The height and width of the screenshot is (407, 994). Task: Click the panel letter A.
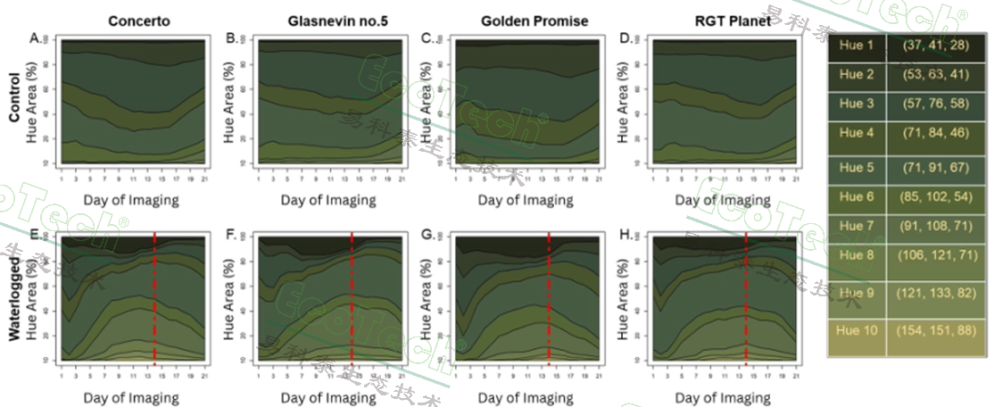pyautogui.click(x=36, y=38)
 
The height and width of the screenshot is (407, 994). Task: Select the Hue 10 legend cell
pyautogui.click(x=857, y=330)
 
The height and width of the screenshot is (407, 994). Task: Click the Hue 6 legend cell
pyautogui.click(x=857, y=196)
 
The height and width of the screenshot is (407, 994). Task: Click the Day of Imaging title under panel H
pyautogui.click(x=723, y=397)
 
